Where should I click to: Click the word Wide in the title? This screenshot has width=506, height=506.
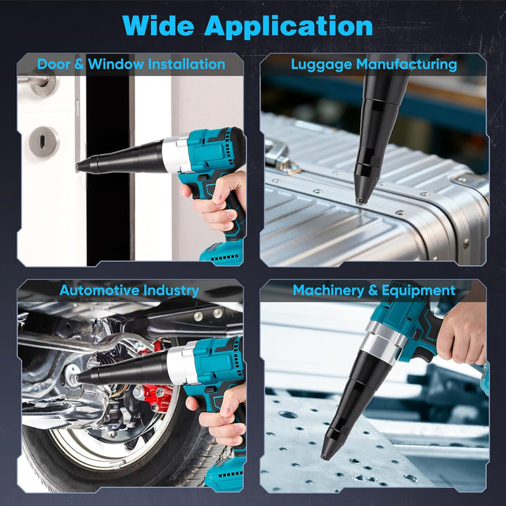click(x=158, y=25)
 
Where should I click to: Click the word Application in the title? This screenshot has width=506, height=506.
click(x=289, y=27)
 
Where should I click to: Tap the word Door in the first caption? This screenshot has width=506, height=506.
click(x=53, y=64)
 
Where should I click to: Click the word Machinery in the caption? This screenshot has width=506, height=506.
click(x=328, y=291)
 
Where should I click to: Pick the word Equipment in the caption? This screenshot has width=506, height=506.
click(x=418, y=291)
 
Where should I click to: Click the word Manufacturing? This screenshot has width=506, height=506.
click(x=407, y=65)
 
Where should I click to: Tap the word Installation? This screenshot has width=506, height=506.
click(x=186, y=64)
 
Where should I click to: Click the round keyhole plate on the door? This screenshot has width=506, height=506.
click(x=44, y=142)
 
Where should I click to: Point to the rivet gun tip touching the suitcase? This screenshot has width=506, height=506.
click(x=360, y=201)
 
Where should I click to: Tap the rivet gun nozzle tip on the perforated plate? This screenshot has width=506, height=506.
click(x=324, y=456)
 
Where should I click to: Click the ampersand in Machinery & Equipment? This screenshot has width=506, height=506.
click(x=372, y=290)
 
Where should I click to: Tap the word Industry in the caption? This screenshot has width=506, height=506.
click(x=171, y=290)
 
